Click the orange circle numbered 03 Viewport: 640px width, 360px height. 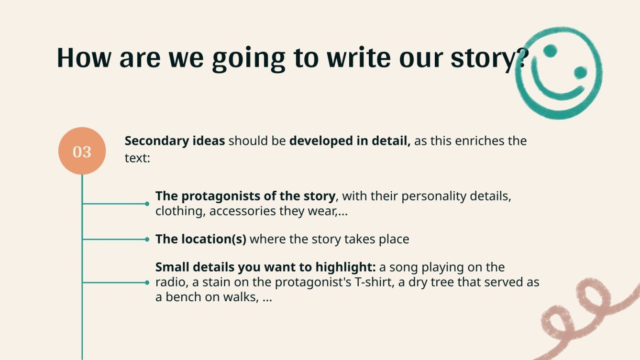point(82,151)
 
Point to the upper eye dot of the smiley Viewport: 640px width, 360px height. point(551,50)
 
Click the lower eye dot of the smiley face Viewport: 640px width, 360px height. point(580,73)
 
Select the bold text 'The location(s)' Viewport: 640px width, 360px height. point(200,239)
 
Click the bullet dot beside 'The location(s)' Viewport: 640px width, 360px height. point(147,239)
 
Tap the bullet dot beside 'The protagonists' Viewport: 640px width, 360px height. point(147,204)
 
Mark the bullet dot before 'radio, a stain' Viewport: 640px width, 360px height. point(147,283)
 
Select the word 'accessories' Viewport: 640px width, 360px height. point(243,211)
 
